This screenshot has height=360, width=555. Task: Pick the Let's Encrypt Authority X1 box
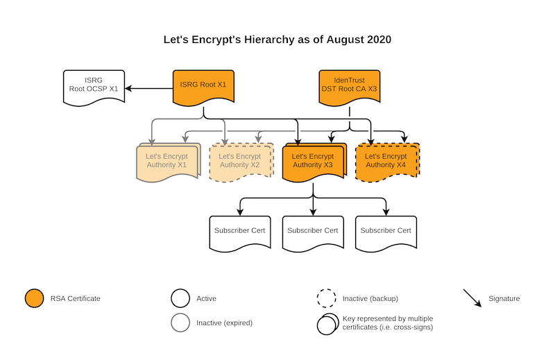click(x=169, y=162)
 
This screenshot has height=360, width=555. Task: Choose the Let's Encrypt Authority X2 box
click(x=241, y=162)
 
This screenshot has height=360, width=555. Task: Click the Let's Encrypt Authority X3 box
click(x=314, y=162)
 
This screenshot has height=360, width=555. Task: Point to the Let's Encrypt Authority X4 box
click(x=388, y=162)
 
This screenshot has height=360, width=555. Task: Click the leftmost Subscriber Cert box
click(x=240, y=234)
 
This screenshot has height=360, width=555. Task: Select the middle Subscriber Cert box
click(x=313, y=234)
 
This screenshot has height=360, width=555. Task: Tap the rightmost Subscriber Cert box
click(x=386, y=234)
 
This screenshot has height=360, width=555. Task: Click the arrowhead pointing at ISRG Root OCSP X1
click(x=128, y=88)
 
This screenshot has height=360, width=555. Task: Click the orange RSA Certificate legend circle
click(x=34, y=298)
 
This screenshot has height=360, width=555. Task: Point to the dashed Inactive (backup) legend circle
click(x=326, y=298)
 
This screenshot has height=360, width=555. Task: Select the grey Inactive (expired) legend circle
click(x=180, y=323)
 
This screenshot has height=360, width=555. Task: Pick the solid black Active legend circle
click(x=180, y=298)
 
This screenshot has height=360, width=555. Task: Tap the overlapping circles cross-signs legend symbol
click(x=327, y=324)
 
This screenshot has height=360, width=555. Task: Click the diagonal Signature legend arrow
click(x=472, y=298)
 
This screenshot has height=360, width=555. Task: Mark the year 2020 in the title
click(x=379, y=40)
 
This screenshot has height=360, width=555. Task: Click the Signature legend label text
click(x=504, y=298)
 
